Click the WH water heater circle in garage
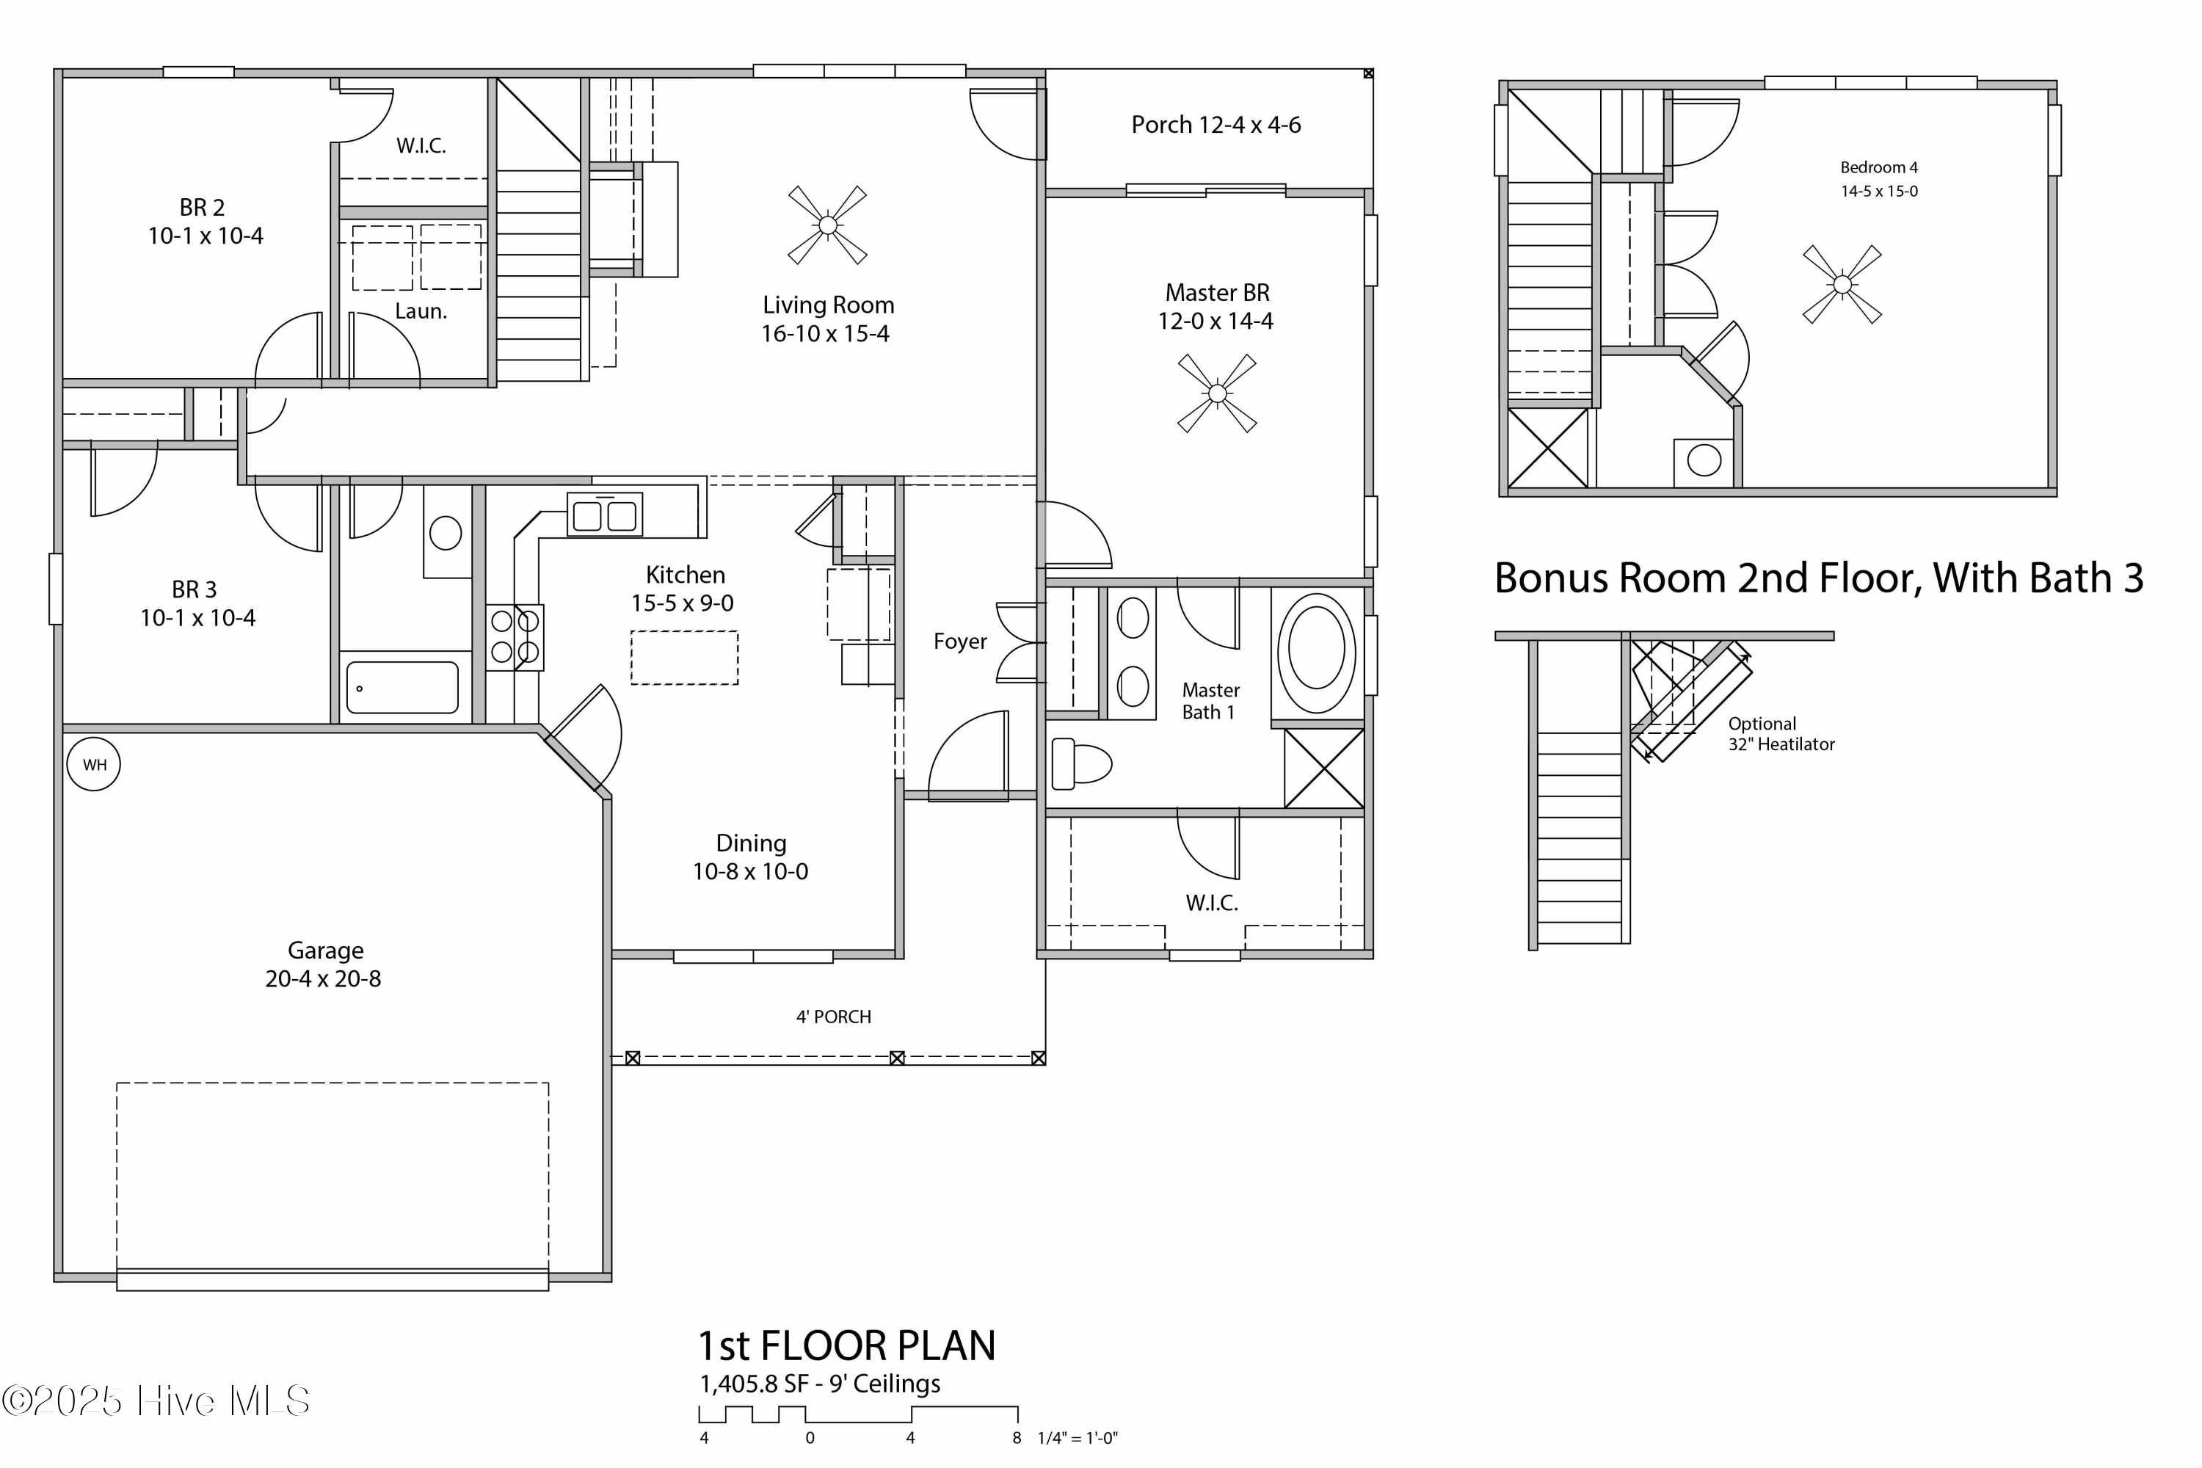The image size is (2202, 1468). click(x=94, y=765)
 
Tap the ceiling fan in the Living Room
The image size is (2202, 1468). click(x=828, y=225)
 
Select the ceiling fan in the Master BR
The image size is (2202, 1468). click(x=1217, y=393)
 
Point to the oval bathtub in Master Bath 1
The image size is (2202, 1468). click(x=1316, y=650)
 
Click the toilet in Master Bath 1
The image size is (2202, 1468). click(x=1080, y=764)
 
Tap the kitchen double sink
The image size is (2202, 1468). click(x=605, y=515)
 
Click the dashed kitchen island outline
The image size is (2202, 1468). click(x=684, y=658)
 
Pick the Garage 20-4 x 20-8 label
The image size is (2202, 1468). click(x=324, y=964)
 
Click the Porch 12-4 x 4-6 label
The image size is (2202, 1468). click(x=1216, y=125)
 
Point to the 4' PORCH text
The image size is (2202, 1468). click(x=833, y=1017)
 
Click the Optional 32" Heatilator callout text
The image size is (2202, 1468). click(x=1781, y=734)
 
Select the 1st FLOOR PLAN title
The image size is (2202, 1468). click(x=846, y=1346)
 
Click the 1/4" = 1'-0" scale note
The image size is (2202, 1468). click(x=1078, y=1439)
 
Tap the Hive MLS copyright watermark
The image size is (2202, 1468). click(x=156, y=1400)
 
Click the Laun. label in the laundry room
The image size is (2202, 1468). click(x=421, y=310)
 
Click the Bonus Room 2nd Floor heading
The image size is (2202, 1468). click(x=1818, y=578)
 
